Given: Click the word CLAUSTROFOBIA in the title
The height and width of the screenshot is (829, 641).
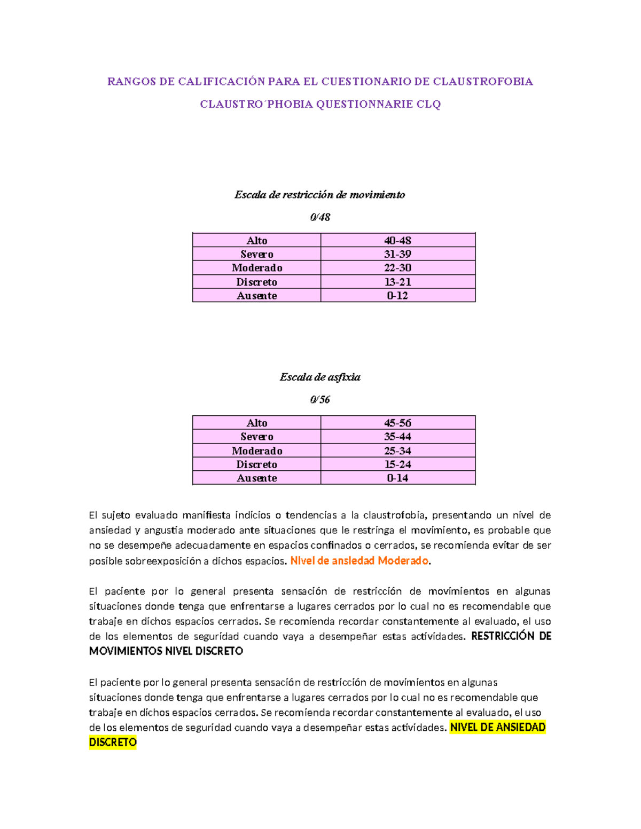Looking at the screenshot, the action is pos(482,82).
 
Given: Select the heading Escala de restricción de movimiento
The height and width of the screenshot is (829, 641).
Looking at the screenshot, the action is pos(319,195).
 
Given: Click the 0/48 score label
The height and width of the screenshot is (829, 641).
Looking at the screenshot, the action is pos(320,217).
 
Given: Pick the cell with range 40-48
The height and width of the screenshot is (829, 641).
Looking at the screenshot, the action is pos(397,241).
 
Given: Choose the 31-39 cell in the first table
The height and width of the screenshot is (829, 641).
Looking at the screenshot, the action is pos(397,254).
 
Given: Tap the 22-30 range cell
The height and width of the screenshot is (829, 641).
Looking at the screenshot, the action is pos(397,268).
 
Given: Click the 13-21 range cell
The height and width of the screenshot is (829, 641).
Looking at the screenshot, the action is pos(397,282).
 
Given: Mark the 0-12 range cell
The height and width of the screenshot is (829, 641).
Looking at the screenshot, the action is pos(397,296).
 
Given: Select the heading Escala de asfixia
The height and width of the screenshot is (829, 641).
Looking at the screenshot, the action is pos(320,377).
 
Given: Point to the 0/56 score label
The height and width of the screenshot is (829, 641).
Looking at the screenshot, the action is pos(320,400).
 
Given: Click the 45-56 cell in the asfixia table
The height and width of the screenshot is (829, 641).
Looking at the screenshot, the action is pos(397,423).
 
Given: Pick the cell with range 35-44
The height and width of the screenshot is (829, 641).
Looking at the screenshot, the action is pos(397,437).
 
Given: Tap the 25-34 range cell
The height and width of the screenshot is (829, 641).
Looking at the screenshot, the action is pos(397,451).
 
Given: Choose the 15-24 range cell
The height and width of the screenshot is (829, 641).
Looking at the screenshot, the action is pos(397,464).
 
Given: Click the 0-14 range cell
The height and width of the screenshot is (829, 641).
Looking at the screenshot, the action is pos(397,478).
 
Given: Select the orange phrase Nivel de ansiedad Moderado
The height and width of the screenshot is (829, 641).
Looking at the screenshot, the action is pos(359,561).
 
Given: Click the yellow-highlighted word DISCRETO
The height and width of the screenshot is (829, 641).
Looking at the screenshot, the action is pos(113,743).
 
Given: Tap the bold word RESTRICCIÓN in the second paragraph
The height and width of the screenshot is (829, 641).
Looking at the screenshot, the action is pos(503,636).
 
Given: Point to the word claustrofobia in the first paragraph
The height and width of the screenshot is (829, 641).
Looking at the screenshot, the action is pos(394,516).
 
